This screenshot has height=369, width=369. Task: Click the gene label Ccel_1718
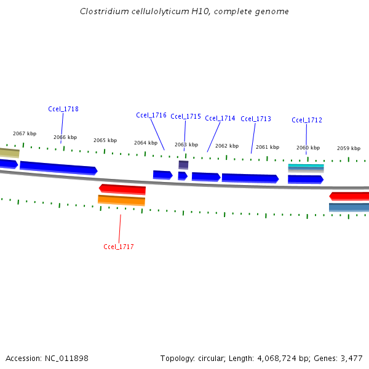(63, 109)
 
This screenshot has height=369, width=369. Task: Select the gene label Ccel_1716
(151, 115)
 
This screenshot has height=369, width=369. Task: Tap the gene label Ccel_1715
(186, 116)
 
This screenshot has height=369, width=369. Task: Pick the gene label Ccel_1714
(220, 118)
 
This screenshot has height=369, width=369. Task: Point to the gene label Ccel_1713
(256, 119)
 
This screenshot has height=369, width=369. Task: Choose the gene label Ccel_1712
(307, 120)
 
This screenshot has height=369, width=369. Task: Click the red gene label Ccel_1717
(119, 247)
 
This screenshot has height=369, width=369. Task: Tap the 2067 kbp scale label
(25, 133)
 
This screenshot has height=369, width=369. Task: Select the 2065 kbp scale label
(105, 140)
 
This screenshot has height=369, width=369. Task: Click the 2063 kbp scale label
(186, 145)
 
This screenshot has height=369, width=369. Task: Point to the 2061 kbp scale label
(268, 147)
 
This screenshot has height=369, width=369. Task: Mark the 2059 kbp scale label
(349, 148)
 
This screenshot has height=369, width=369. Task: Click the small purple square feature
(183, 165)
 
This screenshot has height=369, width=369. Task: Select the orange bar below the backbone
(122, 200)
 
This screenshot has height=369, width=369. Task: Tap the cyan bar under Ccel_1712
(306, 166)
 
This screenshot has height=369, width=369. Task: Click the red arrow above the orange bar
(122, 189)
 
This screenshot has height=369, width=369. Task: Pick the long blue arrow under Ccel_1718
(58, 167)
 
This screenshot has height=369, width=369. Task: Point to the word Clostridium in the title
(102, 12)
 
